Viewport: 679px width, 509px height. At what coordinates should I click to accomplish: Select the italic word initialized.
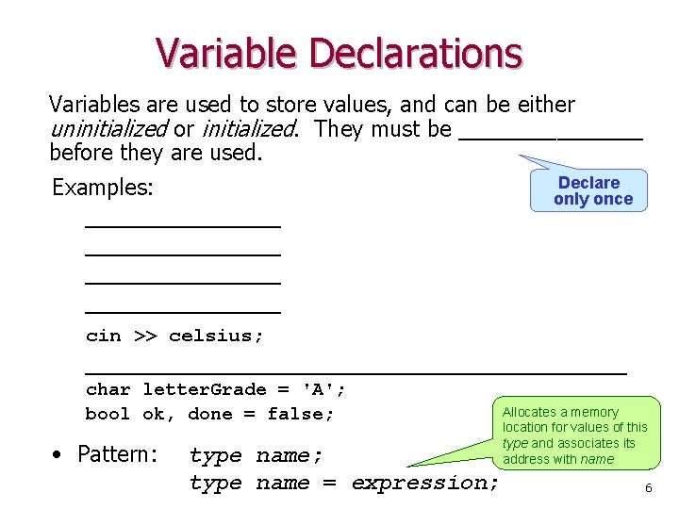click(248, 129)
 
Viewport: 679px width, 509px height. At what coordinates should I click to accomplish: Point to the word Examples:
click(102, 188)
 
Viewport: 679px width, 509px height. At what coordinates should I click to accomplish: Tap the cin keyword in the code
click(103, 336)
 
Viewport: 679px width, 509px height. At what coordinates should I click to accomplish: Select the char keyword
click(108, 389)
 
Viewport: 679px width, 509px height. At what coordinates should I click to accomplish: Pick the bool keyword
click(108, 414)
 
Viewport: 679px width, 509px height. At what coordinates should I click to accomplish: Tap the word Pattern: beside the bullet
click(117, 454)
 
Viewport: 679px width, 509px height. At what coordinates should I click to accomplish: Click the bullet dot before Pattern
click(58, 454)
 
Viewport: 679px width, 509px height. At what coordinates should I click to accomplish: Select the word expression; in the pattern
click(425, 483)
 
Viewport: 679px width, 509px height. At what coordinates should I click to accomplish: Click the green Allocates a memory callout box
click(575, 435)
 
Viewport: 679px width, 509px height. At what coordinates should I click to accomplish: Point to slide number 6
click(648, 487)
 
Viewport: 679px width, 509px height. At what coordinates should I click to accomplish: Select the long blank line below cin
click(356, 371)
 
